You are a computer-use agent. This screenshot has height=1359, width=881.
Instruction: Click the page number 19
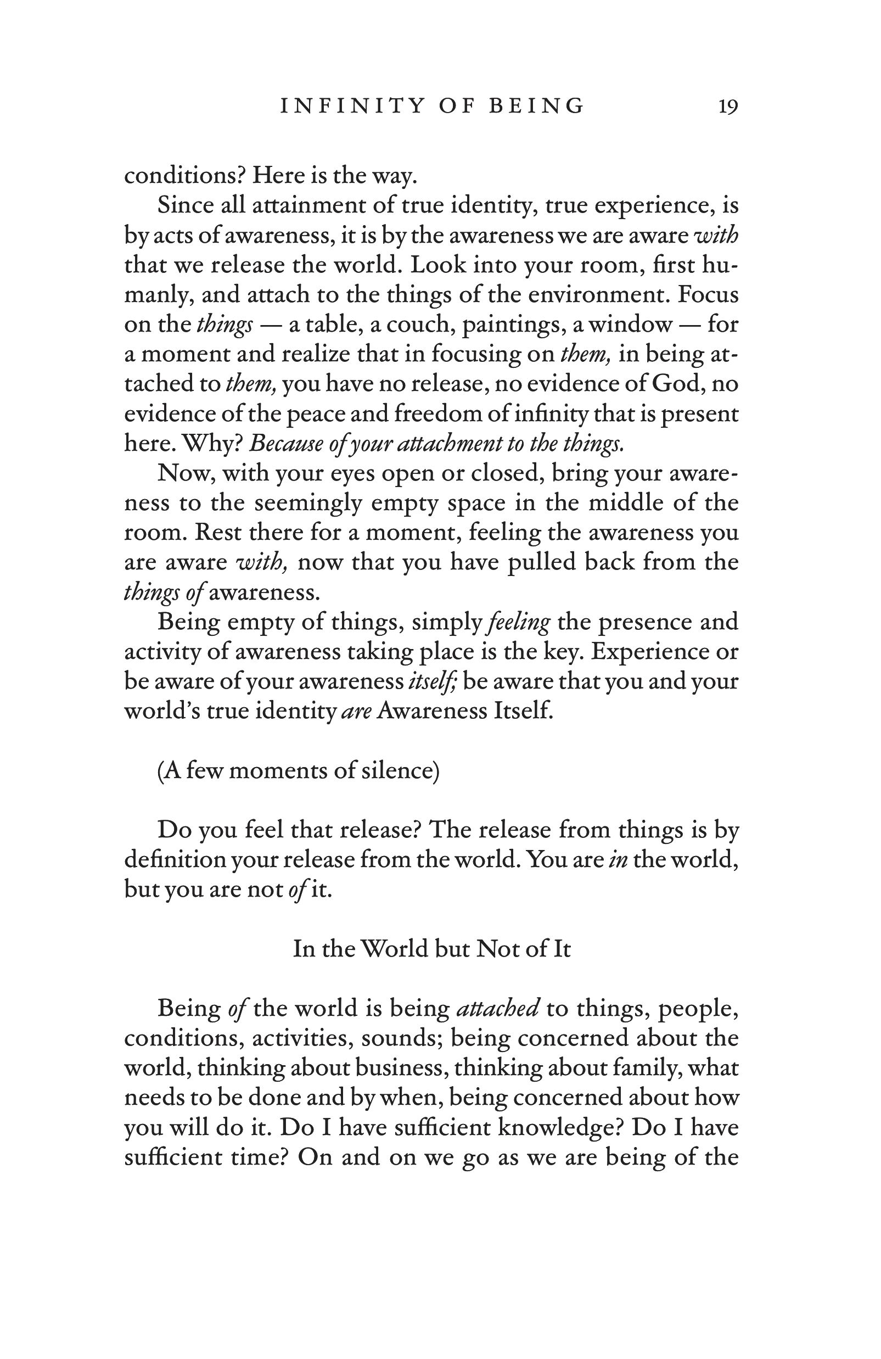(728, 106)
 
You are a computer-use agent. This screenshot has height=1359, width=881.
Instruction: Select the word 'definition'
(172, 859)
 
